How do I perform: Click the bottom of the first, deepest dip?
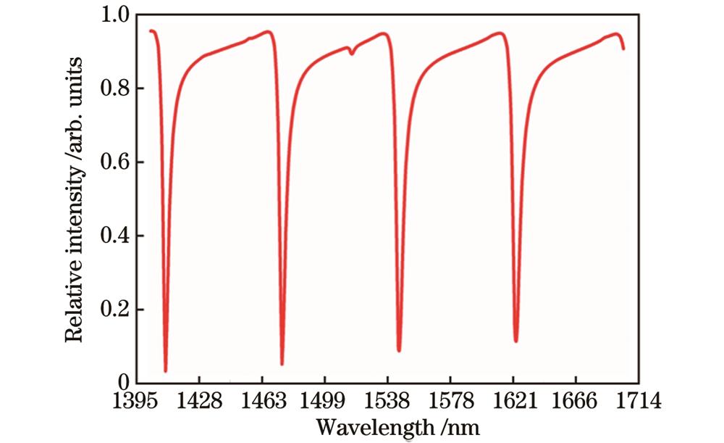coord(166,370)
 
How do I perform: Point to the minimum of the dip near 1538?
coord(399,350)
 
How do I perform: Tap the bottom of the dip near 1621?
coord(515,341)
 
